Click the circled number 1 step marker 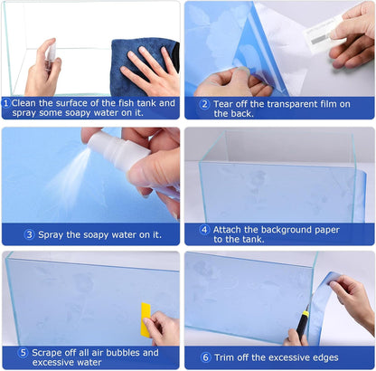tap(6, 103)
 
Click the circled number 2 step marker tap(204, 104)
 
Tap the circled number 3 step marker tap(29, 234)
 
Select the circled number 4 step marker tap(203, 230)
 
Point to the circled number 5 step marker tap(23, 353)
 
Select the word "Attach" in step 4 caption tap(233, 230)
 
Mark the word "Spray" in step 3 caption tap(57, 234)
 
